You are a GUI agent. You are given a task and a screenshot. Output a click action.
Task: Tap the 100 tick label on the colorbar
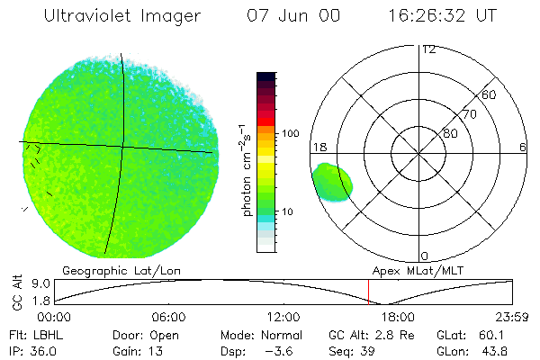coord(290,133)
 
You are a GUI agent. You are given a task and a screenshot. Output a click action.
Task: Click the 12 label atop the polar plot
coord(429,49)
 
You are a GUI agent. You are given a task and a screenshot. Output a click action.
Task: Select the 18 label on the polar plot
coord(319,148)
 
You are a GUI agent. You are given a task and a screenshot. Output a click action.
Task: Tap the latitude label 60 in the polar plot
coord(489,94)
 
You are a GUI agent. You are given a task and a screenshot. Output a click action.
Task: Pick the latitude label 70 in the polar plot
coord(468,114)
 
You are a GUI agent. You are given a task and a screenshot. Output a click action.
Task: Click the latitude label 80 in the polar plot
coord(449,133)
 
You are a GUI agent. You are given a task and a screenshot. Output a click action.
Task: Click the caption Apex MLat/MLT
coord(410,270)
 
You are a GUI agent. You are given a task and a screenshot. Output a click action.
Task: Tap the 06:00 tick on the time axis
coord(168,318)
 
